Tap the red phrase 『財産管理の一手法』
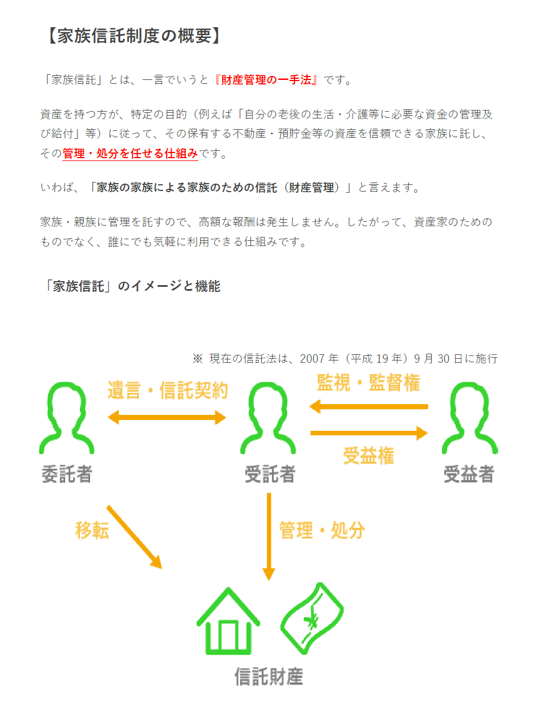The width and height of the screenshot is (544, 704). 266,80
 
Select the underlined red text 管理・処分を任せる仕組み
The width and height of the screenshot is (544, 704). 130,153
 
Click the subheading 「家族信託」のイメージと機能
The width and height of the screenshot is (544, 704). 132,286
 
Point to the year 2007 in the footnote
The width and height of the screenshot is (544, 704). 312,359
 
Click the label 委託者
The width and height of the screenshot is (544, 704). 67,474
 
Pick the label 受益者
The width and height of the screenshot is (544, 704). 469,474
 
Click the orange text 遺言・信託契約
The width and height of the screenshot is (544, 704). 168,390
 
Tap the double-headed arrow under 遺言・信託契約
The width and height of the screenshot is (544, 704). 167,417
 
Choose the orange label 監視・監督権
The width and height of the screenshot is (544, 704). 368,383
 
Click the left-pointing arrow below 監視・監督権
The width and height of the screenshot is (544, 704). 368,406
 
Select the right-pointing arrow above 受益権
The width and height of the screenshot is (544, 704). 369,433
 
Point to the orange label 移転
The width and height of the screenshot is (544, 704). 92,531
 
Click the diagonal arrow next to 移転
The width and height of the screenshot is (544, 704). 134,537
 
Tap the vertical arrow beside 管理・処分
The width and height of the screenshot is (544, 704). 269,537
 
